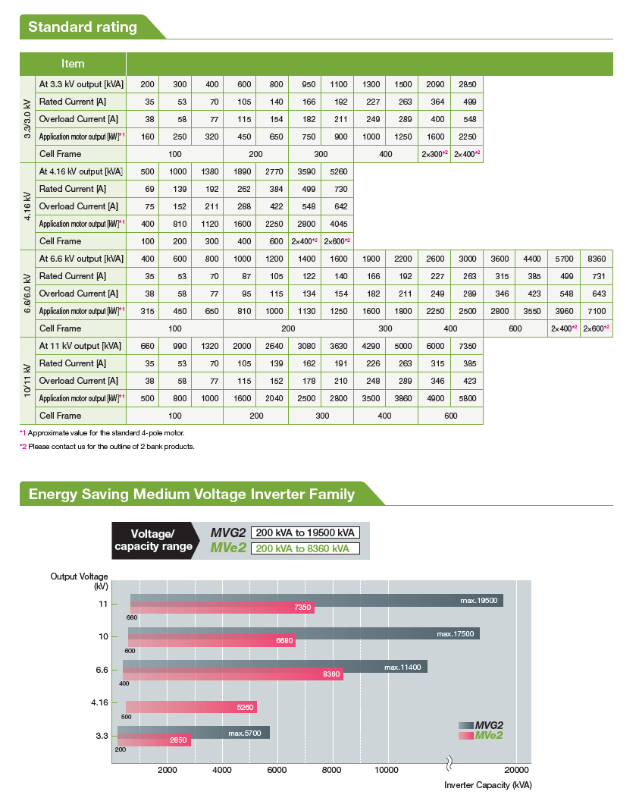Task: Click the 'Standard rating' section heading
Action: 83,27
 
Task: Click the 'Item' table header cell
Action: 73,64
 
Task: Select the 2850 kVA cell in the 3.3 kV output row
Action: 467,84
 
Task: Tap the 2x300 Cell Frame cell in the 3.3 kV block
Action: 434,154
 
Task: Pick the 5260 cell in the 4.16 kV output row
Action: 338,171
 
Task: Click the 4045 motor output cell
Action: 338,224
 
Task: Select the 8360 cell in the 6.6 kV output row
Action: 597,259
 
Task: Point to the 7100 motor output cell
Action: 597,311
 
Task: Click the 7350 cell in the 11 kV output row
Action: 467,346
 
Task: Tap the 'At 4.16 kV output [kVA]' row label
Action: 81,171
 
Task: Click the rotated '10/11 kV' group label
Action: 27,381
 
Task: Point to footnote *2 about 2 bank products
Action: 107,447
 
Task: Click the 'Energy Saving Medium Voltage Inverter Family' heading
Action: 191,494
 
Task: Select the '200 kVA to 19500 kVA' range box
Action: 305,532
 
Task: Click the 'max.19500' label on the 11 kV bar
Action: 479,600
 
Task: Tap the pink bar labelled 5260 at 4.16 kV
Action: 191,707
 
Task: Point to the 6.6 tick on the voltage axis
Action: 102,670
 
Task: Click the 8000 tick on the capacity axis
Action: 332,770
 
